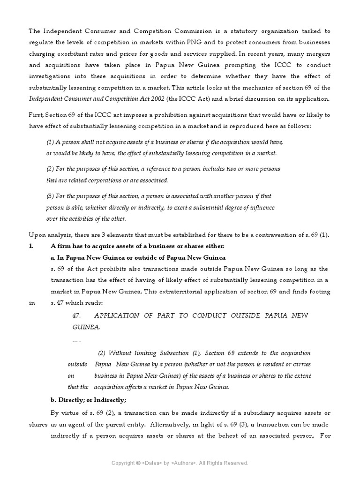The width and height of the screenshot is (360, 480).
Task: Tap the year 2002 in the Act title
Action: pyautogui.click(x=148, y=98)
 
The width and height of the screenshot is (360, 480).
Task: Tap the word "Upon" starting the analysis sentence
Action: pyautogui.click(x=37, y=234)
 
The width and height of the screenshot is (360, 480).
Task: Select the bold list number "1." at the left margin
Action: pyautogui.click(x=31, y=246)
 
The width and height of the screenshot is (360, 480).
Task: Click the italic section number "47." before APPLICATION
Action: pyautogui.click(x=77, y=315)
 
